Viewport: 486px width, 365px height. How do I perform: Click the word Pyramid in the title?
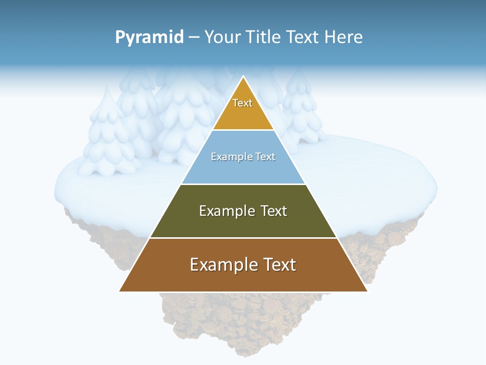pos(149,38)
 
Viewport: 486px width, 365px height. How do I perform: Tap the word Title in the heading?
pos(264,38)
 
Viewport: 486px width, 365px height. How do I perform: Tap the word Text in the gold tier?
pos(242,103)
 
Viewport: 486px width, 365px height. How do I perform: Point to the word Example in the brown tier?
pos(219,265)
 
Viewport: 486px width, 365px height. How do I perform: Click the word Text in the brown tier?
pos(278,265)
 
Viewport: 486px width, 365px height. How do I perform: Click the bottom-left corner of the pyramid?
pos(120,291)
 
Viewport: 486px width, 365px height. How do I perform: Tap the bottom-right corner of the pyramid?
pos(367,291)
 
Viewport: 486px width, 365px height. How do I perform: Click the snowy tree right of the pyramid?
pos(302,109)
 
